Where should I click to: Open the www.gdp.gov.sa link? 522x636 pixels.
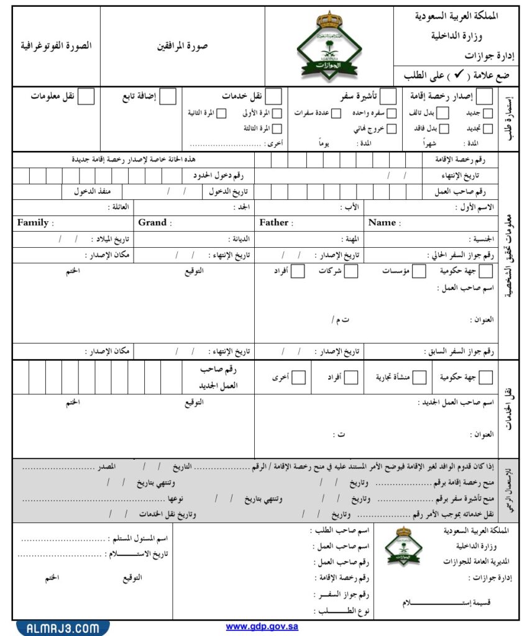click(262, 627)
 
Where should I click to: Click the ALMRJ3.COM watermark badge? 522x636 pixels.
click(62, 628)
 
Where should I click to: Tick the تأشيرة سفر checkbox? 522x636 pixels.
click(387, 96)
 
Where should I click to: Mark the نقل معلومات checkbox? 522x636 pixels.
click(87, 96)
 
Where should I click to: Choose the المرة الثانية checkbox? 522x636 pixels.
click(221, 113)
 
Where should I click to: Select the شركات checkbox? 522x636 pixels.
click(351, 271)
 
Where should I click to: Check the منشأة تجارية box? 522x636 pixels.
click(420, 377)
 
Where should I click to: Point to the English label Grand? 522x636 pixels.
click(152, 222)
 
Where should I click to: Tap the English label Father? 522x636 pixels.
click(274, 222)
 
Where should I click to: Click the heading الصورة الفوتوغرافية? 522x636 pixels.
click(56, 46)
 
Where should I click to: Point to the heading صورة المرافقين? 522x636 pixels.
click(182, 46)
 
